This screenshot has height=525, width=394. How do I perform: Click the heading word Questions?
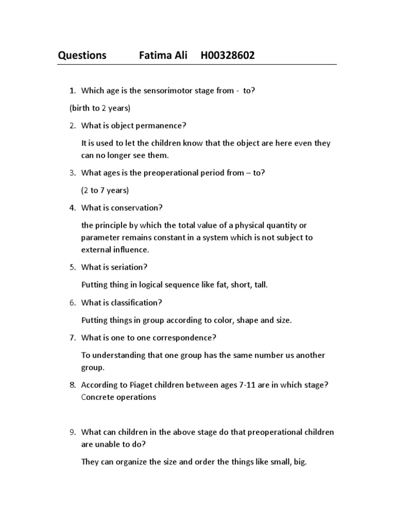click(82, 55)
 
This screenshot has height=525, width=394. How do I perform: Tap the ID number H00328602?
click(228, 55)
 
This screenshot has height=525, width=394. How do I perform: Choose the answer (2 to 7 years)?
click(105, 190)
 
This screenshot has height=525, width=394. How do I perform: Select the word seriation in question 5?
click(128, 267)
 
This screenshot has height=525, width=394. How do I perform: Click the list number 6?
click(72, 302)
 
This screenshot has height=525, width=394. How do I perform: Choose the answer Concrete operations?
click(119, 397)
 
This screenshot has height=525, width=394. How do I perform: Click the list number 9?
click(72, 432)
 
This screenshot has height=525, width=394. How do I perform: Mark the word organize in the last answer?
click(134, 462)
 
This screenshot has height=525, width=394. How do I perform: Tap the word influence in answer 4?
click(132, 250)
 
